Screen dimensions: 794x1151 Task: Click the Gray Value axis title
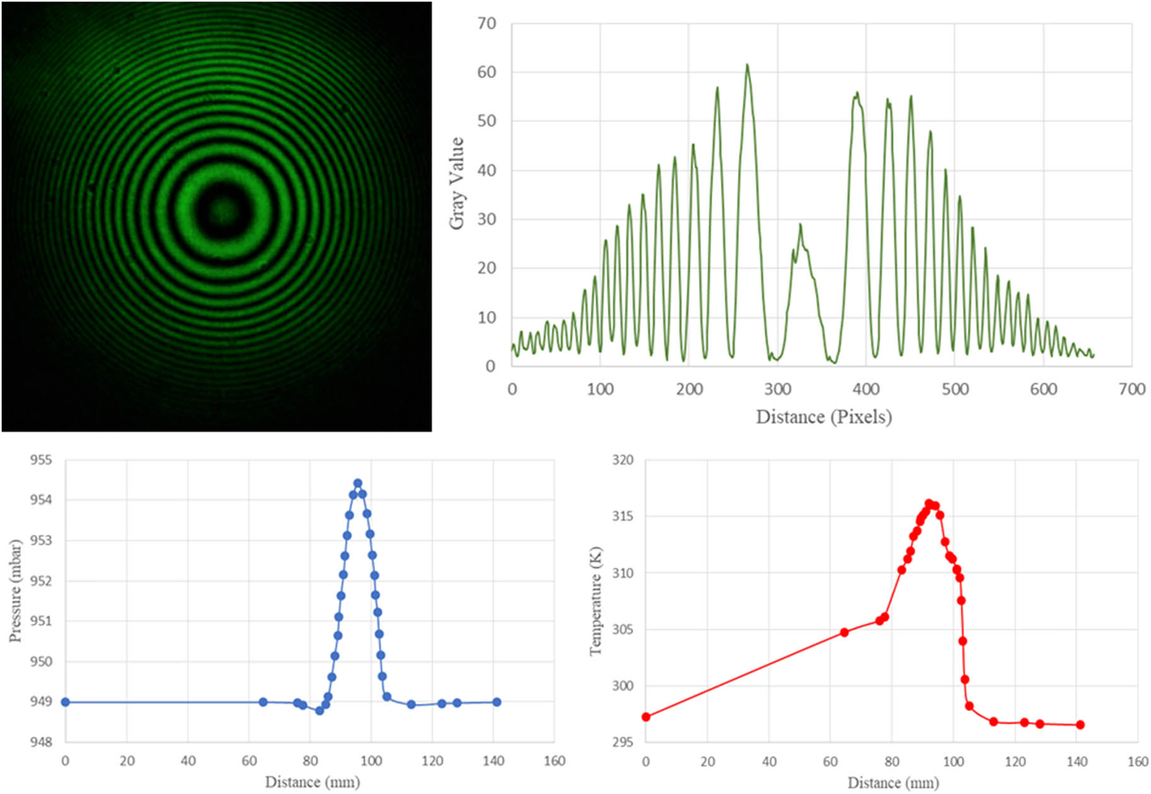(457, 184)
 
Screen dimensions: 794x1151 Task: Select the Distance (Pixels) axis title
(824, 417)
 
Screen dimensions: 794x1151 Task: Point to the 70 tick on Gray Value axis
(486, 24)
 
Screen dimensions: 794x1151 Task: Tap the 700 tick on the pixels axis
(1131, 389)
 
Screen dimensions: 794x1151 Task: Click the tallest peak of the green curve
(747, 64)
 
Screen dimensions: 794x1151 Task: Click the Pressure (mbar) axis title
(15, 590)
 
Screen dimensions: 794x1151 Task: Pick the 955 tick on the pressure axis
(41, 460)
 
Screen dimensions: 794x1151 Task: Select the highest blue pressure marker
(358, 484)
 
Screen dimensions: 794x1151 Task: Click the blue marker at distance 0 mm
(65, 702)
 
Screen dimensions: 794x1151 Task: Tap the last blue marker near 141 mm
(497, 702)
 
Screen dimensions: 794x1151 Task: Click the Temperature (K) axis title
(595, 601)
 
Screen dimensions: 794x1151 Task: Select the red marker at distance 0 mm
(646, 717)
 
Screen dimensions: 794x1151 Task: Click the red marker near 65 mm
(844, 633)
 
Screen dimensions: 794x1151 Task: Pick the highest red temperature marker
(929, 503)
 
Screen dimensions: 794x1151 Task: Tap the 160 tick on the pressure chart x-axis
(554, 761)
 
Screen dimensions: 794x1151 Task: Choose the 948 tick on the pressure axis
(41, 742)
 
